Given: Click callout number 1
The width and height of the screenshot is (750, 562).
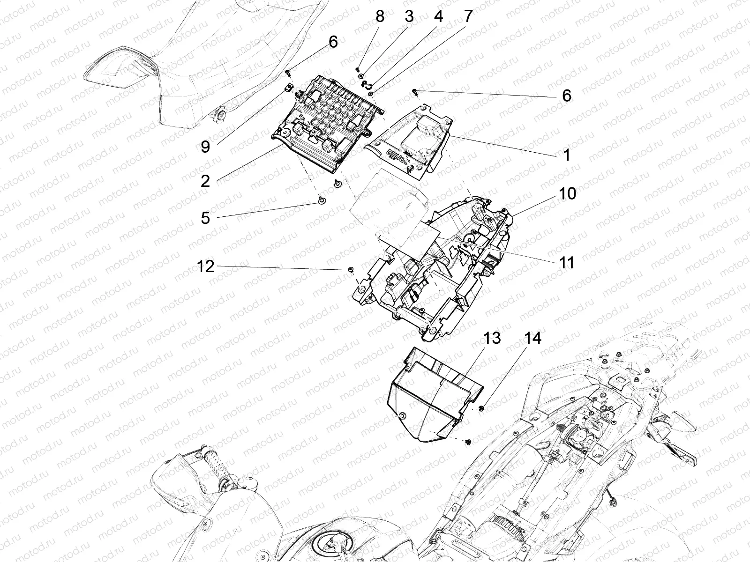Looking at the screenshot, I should point(567,155).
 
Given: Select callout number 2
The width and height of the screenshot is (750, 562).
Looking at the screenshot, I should point(205,181).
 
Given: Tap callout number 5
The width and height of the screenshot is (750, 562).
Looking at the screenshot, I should point(205,218).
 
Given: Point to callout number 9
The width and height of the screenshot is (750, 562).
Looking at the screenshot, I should point(205,147).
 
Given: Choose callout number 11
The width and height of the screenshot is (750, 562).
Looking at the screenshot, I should point(567,262).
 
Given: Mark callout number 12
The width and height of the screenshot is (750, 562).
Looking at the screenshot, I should point(206,266).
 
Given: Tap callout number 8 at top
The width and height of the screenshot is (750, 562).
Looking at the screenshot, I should point(380,16).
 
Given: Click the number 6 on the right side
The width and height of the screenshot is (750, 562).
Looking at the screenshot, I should point(567,96).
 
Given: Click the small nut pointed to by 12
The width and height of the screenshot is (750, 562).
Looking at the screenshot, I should point(350,269).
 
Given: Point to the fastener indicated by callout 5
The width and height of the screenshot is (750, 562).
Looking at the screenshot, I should point(320,201).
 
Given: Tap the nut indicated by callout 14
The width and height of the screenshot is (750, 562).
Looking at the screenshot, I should point(482,409).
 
